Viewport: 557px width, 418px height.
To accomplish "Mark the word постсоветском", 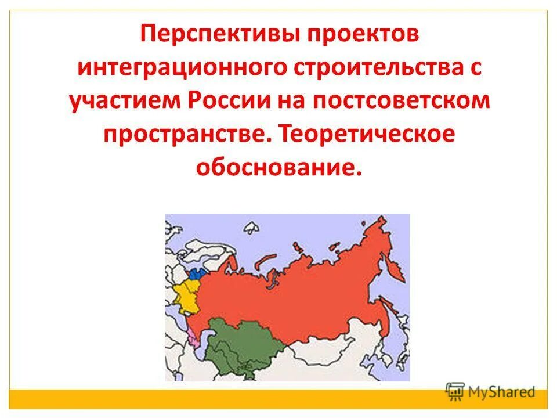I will [403, 101].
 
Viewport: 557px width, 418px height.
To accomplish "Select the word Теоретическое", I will [367, 134].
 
